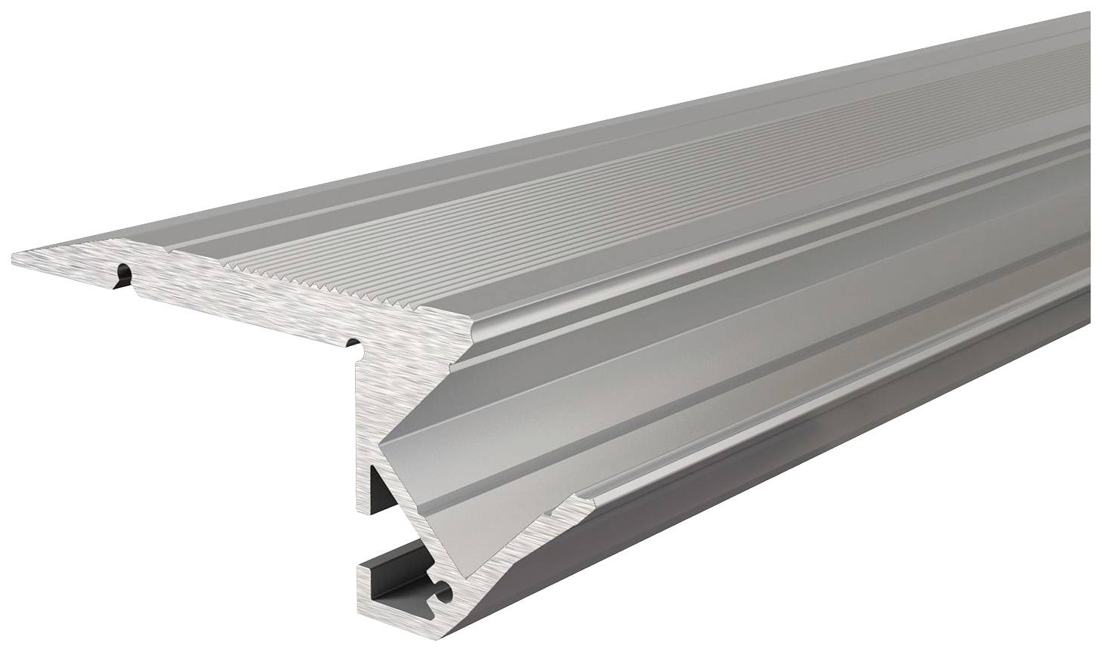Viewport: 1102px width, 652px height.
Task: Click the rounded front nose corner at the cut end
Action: click(474, 330)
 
